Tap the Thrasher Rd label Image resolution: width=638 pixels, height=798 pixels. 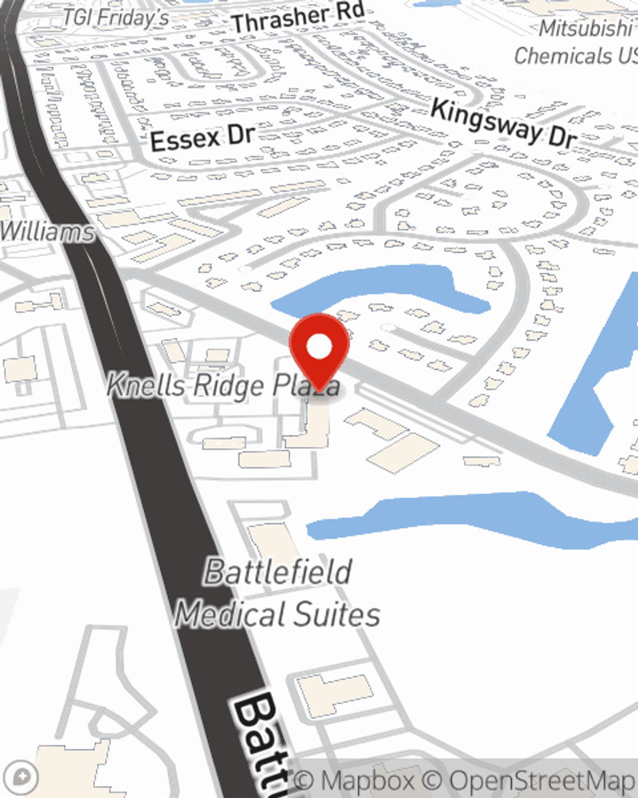tap(299, 17)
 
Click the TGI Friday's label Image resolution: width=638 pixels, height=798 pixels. tap(116, 17)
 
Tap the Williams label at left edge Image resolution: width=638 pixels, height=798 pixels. tap(46, 231)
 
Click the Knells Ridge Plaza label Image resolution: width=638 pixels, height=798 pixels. tap(223, 385)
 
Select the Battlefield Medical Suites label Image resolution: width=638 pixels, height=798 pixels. tap(278, 593)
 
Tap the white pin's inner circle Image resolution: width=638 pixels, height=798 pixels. tap(319, 347)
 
